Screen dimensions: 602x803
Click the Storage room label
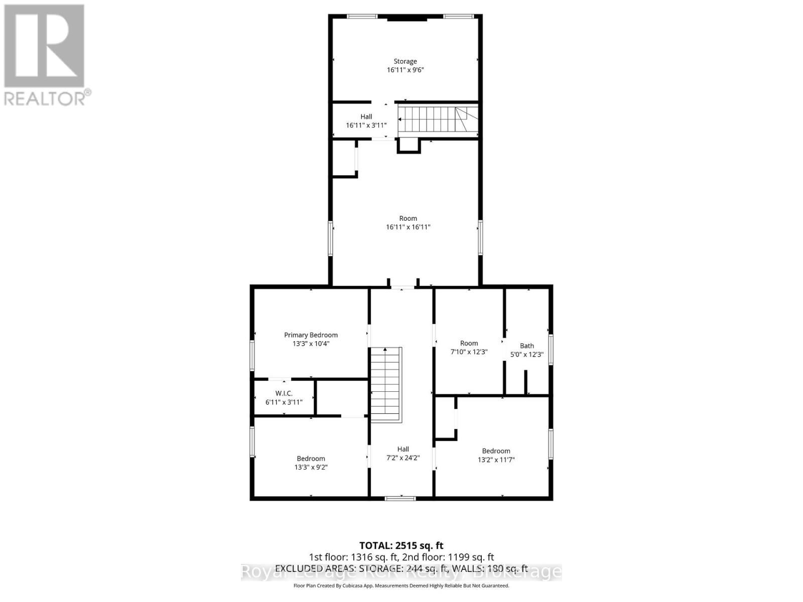point(405,61)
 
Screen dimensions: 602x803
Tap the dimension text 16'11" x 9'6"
point(405,70)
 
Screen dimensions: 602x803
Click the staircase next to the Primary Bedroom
point(386,384)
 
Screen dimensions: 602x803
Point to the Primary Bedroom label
point(311,335)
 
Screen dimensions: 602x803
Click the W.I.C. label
point(284,393)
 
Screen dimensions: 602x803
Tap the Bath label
point(526,346)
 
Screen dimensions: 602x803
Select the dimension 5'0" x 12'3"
point(526,355)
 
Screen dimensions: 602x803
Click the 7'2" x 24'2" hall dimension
point(403,458)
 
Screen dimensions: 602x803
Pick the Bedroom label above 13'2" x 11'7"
point(496,451)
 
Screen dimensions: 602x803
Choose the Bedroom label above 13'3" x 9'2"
point(311,459)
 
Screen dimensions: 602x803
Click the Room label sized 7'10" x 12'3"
point(469,343)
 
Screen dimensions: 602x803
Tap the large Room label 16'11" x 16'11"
point(408,218)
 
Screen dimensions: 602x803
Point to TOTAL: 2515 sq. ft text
point(401,545)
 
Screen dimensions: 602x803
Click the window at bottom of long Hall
point(400,498)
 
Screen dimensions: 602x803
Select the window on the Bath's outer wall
point(551,349)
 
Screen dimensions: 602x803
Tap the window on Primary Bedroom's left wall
point(252,355)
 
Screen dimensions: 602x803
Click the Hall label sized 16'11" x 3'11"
point(366,116)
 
